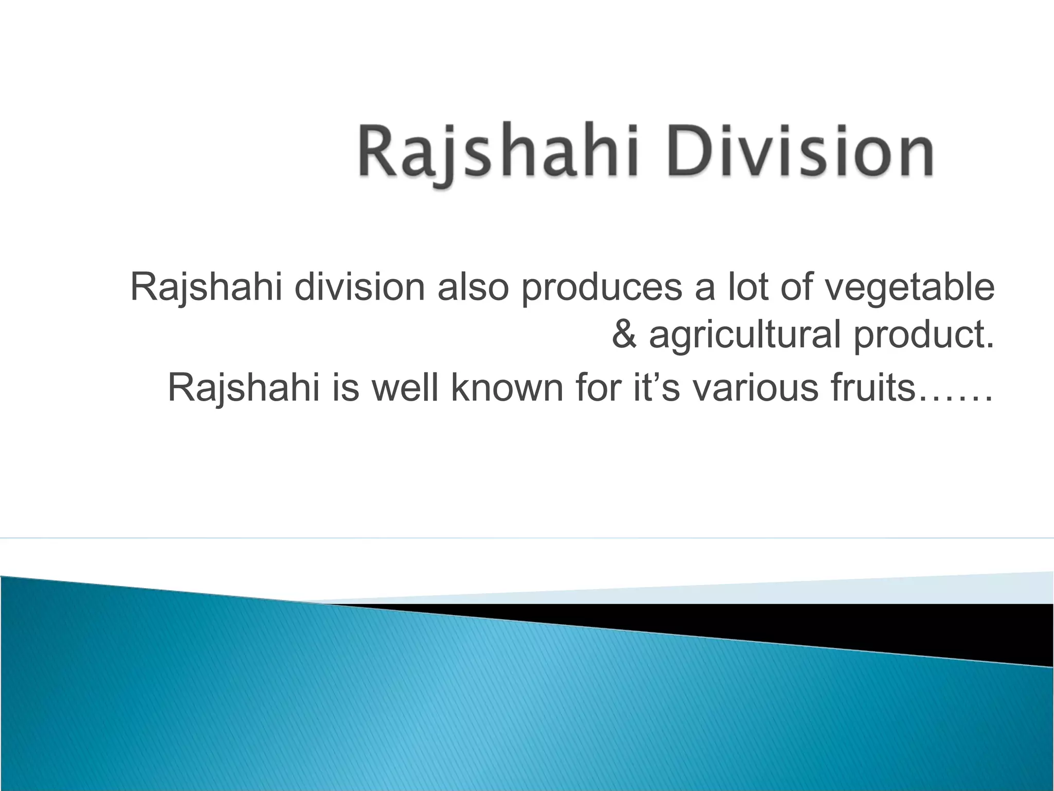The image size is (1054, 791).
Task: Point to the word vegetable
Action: point(910,288)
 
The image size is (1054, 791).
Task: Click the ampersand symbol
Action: point(624,335)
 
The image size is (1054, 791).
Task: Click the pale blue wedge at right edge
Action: point(978,589)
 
